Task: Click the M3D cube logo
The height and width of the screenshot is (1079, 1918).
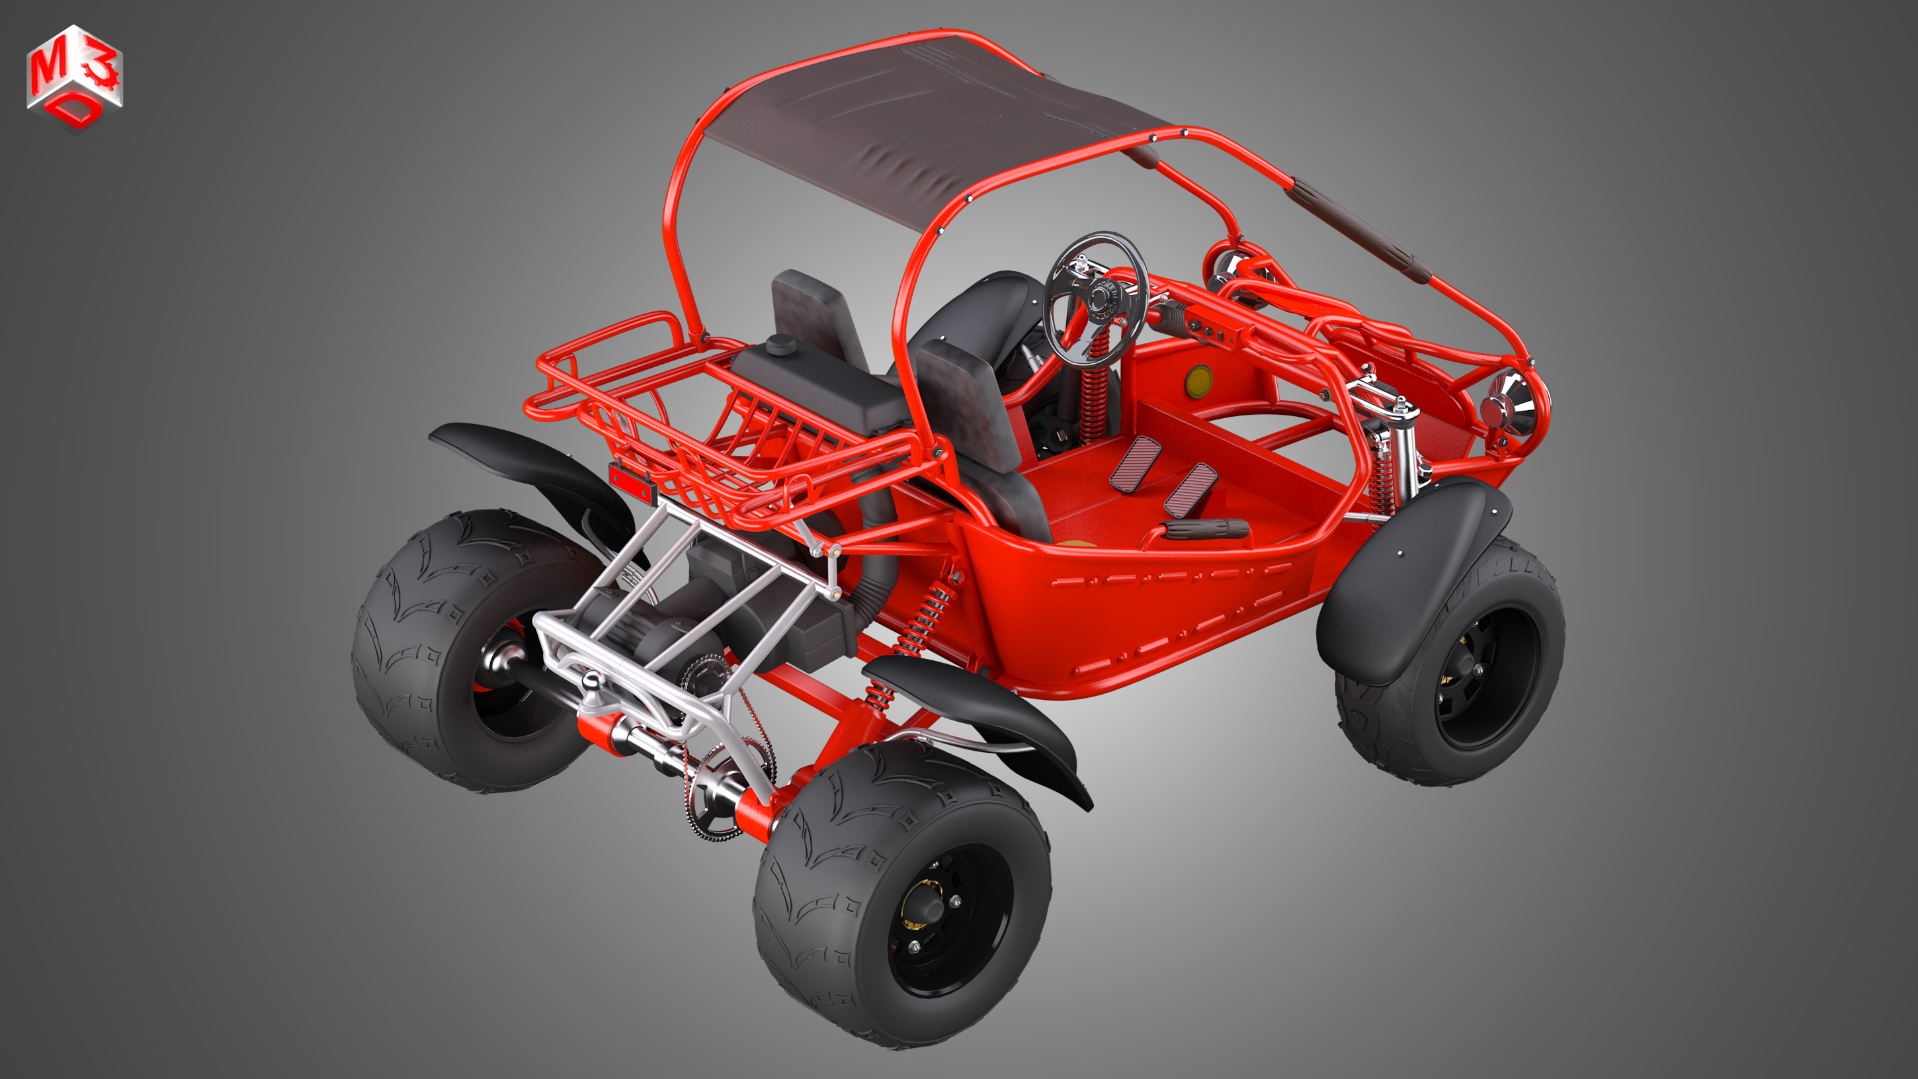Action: coord(75,78)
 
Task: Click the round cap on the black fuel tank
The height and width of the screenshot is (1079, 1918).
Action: coord(780,343)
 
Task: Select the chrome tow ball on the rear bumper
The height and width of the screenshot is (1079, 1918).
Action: coord(593,681)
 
